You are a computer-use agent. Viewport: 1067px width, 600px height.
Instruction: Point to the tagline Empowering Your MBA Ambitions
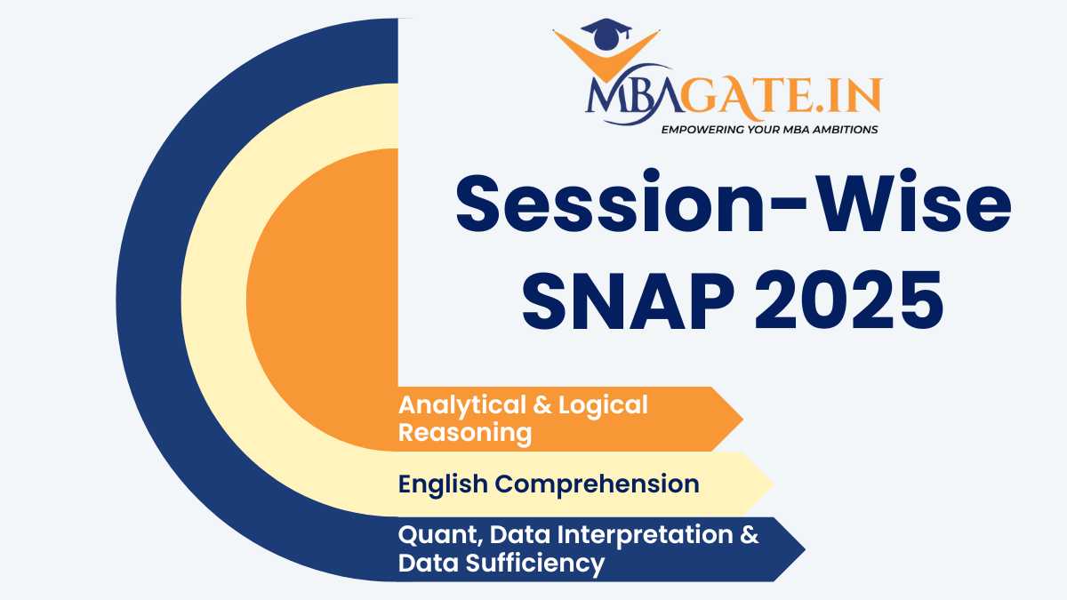[769, 130]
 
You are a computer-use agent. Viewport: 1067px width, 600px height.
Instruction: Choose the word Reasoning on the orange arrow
[464, 433]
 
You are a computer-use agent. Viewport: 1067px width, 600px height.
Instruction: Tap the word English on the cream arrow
[442, 484]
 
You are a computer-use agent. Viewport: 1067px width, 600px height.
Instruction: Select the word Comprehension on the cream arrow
[596, 484]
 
